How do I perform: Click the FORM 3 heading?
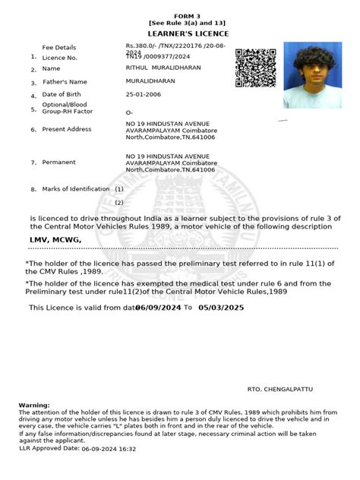click(179, 15)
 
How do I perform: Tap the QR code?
click(255, 68)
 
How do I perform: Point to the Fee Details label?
click(58, 47)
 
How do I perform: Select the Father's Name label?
click(65, 81)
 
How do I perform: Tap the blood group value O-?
click(129, 112)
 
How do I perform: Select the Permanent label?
click(58, 163)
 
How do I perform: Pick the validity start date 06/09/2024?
click(158, 308)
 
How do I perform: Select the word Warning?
click(34, 406)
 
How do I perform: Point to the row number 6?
click(33, 129)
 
